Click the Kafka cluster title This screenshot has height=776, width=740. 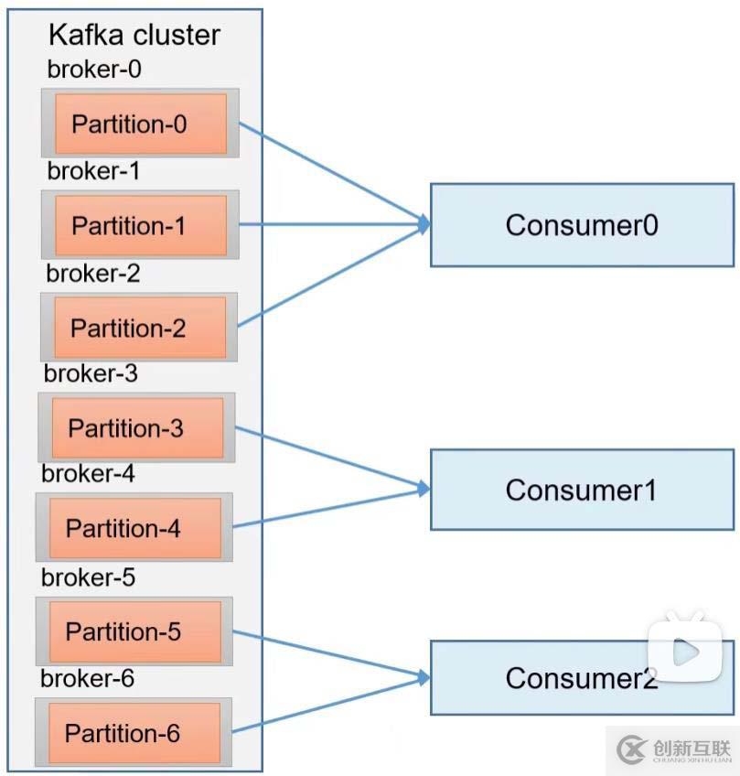[x=134, y=36]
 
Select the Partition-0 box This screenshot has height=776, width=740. [x=140, y=124]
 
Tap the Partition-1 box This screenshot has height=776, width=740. [x=140, y=225]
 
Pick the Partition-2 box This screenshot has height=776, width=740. [x=139, y=328]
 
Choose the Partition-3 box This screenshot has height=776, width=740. [x=136, y=428]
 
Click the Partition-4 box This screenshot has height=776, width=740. [x=134, y=528]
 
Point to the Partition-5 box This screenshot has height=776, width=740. [x=134, y=631]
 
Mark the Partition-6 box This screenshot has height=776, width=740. [x=133, y=733]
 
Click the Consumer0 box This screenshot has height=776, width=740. [x=582, y=225]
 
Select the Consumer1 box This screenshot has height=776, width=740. [x=582, y=490]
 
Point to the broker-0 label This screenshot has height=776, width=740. [x=94, y=70]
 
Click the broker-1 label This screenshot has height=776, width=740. [x=93, y=171]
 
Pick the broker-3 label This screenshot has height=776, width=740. [x=91, y=373]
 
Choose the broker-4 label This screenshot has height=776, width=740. [x=88, y=474]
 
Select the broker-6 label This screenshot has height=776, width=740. [x=87, y=678]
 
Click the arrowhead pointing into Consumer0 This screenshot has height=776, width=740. [x=424, y=223]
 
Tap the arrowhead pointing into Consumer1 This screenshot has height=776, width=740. [x=424, y=489]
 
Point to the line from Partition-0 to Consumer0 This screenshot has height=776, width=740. [x=329, y=173]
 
